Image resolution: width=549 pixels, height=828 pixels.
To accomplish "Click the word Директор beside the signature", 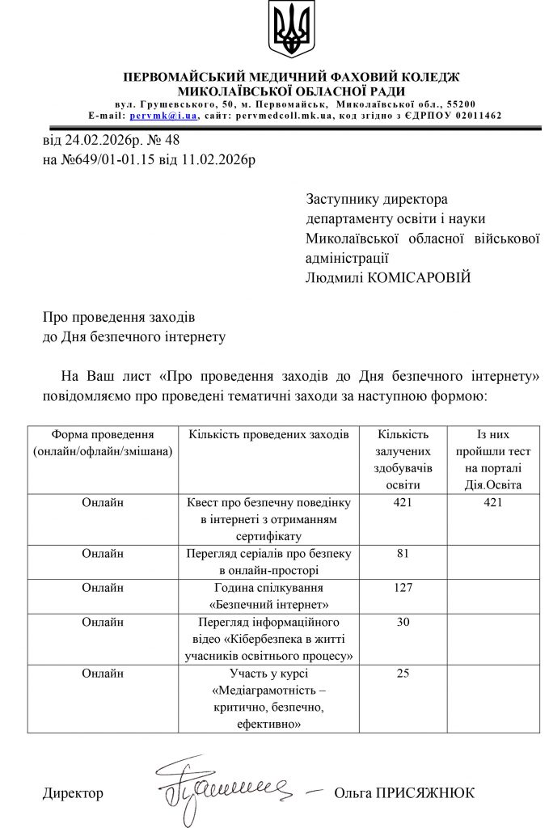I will click(73, 793).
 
